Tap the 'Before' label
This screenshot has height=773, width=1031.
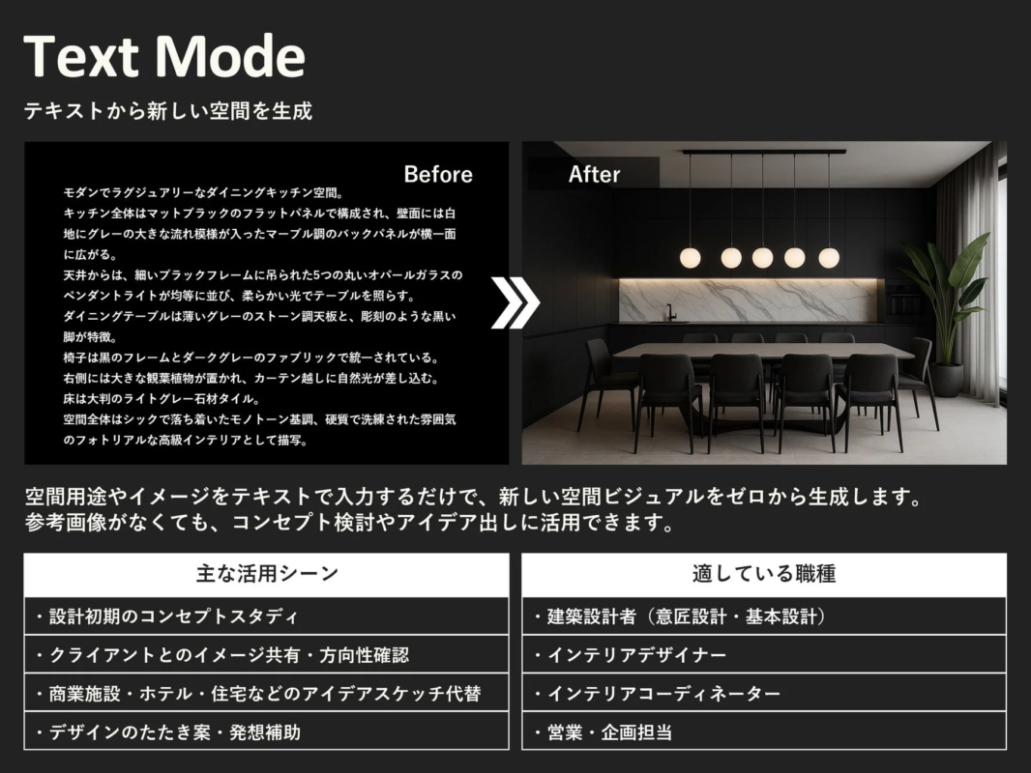438,175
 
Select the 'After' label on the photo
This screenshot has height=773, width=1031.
594,175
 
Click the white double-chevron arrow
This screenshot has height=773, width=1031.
515,303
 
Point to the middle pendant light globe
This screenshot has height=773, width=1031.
762,257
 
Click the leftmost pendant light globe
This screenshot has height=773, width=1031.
690,257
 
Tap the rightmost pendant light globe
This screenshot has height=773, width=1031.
829,257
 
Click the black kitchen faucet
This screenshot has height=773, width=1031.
668,312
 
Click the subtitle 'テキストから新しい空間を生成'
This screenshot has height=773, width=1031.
168,111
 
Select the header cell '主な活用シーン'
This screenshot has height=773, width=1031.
266,574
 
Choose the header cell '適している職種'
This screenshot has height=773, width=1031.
764,574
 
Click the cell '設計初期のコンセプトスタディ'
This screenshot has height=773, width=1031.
266,616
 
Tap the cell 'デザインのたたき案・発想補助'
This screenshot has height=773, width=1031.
266,731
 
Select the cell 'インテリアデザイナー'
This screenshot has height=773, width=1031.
764,655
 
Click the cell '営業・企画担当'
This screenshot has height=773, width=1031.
764,731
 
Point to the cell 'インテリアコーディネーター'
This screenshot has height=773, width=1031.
764,694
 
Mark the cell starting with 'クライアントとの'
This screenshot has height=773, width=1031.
266,655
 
